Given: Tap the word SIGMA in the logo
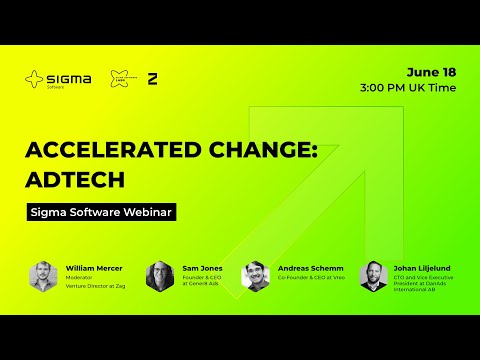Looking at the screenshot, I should [x=69, y=75].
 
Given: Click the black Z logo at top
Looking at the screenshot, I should [x=153, y=78].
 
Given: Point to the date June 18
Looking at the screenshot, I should [x=432, y=71].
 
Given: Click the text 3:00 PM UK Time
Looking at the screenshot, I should [x=407, y=88].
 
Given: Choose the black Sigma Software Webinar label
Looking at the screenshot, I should [x=100, y=212].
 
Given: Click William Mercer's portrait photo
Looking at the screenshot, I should [x=43, y=276].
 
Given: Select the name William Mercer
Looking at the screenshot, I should [x=94, y=268].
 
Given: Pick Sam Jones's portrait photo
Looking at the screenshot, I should [x=160, y=276].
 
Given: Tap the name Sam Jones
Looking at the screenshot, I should [x=203, y=268].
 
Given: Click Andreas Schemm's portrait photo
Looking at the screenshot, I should [x=256, y=276].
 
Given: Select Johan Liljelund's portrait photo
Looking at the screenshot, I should [x=373, y=276].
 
